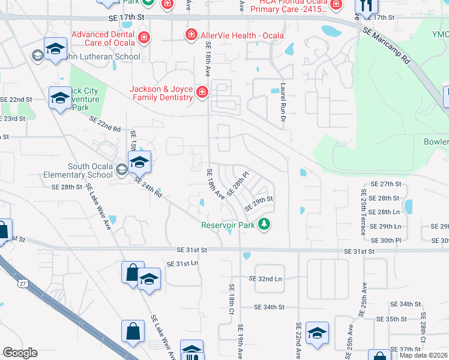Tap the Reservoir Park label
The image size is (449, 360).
point(228,225)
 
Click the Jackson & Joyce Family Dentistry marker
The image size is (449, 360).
point(202,92)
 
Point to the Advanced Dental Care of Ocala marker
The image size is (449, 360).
point(143,39)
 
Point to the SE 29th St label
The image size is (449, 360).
point(259,203)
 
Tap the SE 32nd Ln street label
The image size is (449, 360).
point(265,279)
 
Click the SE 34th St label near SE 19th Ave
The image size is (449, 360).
point(268,307)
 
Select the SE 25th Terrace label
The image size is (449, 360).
point(363,208)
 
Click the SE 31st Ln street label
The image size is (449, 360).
point(183,264)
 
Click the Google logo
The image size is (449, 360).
point(20,353)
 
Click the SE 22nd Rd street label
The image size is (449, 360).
point(105,124)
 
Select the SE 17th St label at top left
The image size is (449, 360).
point(127,19)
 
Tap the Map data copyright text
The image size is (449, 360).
point(423,355)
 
